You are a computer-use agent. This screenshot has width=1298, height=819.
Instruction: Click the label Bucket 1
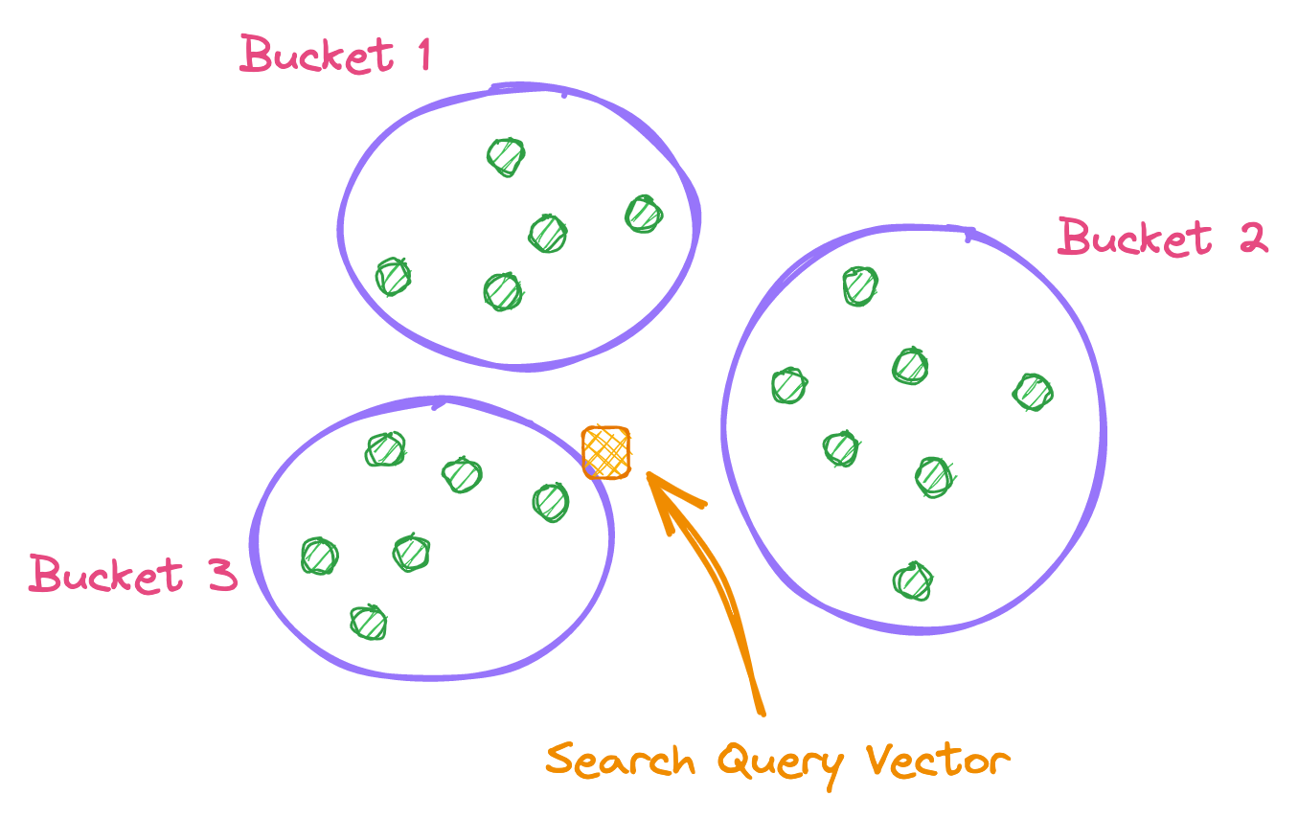point(334,55)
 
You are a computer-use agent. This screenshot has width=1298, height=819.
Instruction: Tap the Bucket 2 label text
point(1162,238)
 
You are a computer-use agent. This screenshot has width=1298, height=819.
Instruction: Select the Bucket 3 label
point(132,574)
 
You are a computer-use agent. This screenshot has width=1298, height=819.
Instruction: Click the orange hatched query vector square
point(606,452)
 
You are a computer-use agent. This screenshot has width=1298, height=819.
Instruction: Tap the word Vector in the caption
point(938,761)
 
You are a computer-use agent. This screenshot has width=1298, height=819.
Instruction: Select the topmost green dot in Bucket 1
point(506,156)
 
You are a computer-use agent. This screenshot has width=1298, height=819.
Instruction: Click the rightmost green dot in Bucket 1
point(644,214)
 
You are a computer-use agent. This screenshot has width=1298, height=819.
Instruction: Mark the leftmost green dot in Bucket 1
point(393,277)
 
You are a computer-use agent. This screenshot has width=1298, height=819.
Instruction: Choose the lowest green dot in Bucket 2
point(913,580)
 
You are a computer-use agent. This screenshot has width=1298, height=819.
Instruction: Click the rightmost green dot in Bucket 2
point(1034,392)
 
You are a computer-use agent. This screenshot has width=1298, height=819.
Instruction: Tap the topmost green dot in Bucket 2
point(860,285)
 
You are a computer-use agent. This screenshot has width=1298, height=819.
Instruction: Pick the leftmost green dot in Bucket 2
point(789,385)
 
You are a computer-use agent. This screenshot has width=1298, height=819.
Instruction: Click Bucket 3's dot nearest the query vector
point(551,502)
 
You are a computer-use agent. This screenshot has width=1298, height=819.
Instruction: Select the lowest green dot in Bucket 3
point(369,623)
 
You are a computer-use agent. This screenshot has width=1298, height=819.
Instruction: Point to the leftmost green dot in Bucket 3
point(320,556)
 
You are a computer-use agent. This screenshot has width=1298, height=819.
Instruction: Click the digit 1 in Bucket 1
point(421,55)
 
